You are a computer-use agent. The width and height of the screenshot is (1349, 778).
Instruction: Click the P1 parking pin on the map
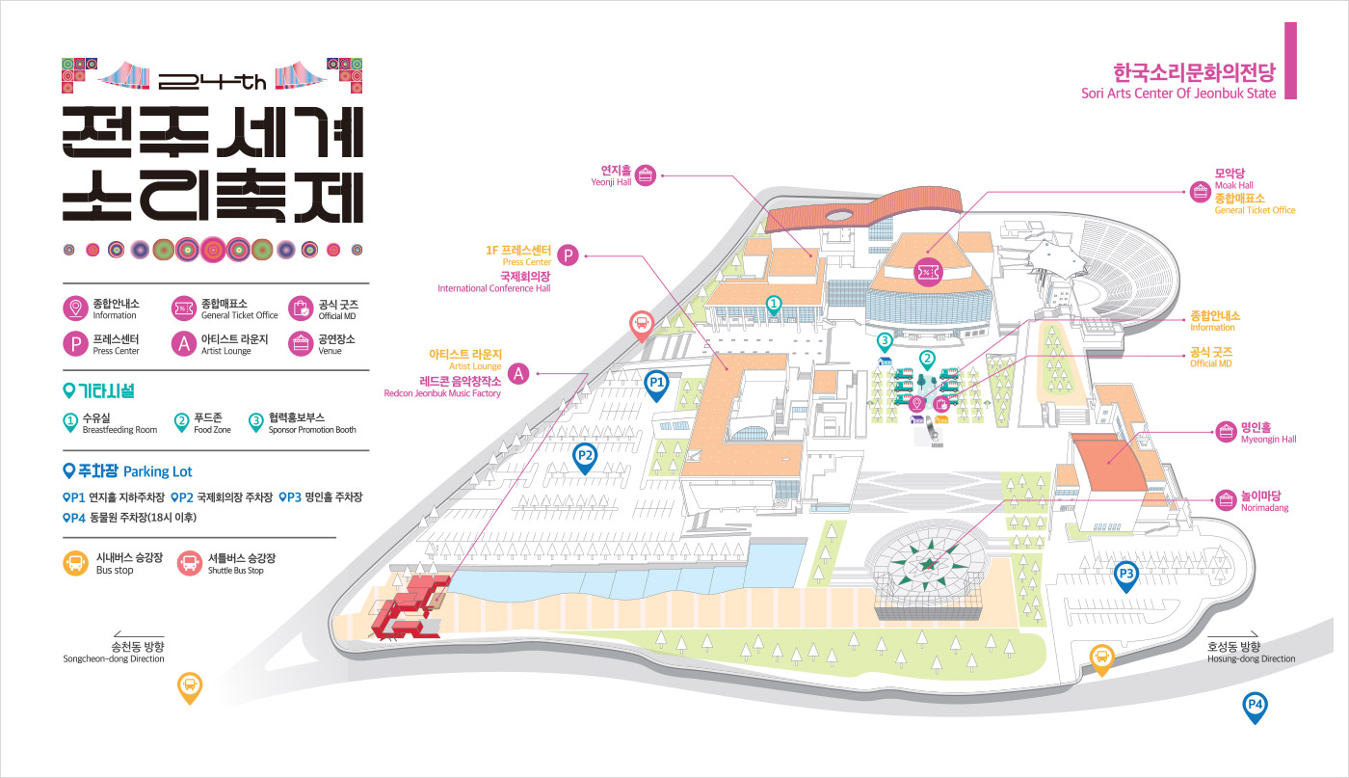[656, 384]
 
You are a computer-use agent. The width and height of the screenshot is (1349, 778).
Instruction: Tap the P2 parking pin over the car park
[584, 456]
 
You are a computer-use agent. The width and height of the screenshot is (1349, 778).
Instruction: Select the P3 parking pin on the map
[1126, 576]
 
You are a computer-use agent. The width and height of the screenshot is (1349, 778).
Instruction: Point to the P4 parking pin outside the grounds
[1255, 706]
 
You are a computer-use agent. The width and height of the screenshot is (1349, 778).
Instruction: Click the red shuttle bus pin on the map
[642, 325]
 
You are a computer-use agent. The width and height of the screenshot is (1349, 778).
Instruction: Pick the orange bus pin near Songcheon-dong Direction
[190, 685]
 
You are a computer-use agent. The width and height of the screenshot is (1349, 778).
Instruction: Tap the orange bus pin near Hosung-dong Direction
[1101, 658]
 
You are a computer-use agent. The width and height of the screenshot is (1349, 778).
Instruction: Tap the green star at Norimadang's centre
[929, 563]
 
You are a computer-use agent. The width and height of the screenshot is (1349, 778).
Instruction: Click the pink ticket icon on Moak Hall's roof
[927, 272]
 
